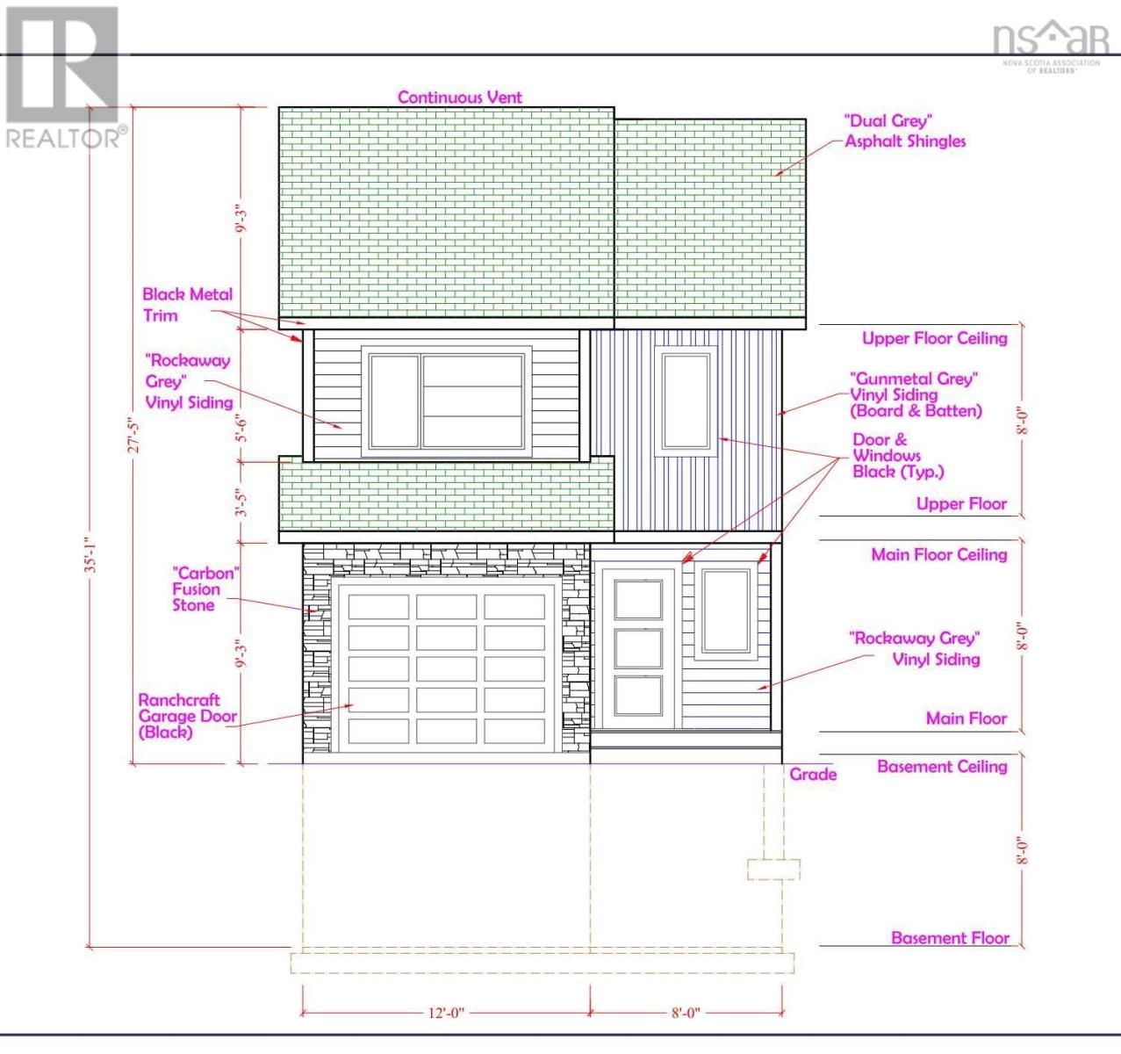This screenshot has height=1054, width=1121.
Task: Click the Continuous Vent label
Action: point(459,97)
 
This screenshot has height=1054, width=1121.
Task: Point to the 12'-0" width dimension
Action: point(446,1013)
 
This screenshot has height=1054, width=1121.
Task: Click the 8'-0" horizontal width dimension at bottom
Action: point(686,1013)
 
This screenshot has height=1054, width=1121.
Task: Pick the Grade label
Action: point(813,774)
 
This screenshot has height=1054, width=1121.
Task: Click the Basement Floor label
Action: point(950,938)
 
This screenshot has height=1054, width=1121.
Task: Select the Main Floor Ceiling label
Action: point(939,554)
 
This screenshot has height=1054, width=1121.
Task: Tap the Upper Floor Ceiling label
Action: point(935,338)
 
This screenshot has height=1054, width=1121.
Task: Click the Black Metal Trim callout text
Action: point(187,305)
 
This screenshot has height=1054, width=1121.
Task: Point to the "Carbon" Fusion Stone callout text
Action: point(205,589)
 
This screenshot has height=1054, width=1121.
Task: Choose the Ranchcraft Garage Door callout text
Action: point(187,716)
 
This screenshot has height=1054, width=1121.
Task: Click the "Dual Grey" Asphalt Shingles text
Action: point(905,131)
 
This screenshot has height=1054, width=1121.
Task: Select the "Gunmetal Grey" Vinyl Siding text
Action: point(916,394)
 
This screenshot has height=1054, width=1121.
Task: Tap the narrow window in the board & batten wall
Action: point(686,401)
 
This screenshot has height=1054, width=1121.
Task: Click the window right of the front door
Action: point(726,611)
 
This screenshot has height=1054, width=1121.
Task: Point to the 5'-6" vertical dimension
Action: point(242,430)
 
